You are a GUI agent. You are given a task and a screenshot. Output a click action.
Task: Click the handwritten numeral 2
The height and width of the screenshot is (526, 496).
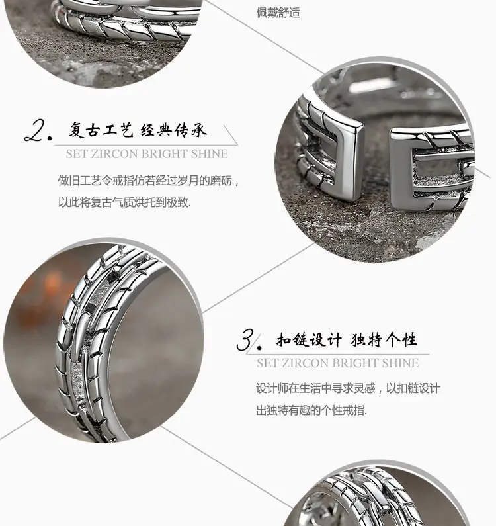(35, 131)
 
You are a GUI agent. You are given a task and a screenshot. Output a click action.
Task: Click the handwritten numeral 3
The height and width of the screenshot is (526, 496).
(245, 340)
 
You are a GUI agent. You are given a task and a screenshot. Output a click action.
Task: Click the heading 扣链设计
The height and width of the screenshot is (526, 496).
(309, 340)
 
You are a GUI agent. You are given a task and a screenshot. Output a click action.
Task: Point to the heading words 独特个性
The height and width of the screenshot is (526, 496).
(384, 340)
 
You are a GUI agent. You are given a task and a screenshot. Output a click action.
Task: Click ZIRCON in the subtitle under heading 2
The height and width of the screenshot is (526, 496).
(112, 154)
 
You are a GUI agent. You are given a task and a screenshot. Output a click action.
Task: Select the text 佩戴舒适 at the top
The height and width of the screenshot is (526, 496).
(278, 13)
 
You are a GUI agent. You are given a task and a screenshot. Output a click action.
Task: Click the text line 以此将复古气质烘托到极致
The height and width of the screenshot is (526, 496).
(124, 202)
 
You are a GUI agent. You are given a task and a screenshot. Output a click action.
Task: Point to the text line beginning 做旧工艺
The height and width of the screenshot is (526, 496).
(149, 181)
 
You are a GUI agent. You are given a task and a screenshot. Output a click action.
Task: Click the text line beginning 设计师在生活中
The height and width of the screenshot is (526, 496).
(348, 388)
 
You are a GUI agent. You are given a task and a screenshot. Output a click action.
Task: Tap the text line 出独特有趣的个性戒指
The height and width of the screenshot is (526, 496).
(311, 410)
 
